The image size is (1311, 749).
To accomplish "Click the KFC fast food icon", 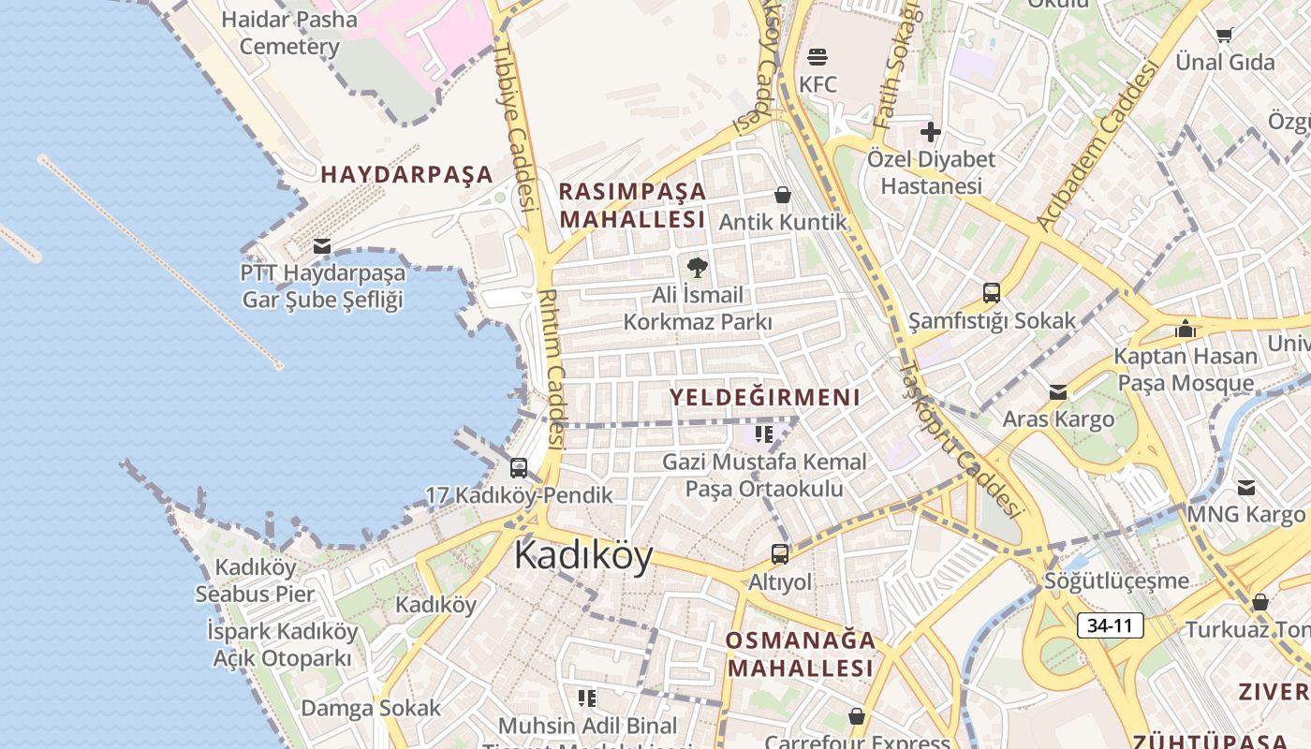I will pyautogui.click(x=817, y=56).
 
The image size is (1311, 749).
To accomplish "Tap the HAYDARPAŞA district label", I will pyautogui.click(x=406, y=174).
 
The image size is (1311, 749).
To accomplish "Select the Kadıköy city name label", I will pyautogui.click(x=583, y=555).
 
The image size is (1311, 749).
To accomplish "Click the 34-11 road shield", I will pyautogui.click(x=1110, y=625).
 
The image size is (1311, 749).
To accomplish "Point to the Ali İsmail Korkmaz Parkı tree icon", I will pyautogui.click(x=697, y=269).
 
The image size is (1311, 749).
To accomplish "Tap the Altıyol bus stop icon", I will pyautogui.click(x=780, y=553).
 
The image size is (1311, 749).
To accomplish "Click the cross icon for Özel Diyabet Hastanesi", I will pyautogui.click(x=930, y=132).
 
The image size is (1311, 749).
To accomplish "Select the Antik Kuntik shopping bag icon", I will pyautogui.click(x=783, y=195).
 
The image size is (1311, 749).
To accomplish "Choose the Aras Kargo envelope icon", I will pyautogui.click(x=1058, y=391).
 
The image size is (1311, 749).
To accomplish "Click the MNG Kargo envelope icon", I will pyautogui.click(x=1246, y=488).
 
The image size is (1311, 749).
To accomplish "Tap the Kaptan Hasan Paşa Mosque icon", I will pyautogui.click(x=1186, y=329).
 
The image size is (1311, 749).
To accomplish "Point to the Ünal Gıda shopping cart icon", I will pyautogui.click(x=1224, y=36).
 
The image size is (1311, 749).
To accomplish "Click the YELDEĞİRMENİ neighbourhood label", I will pyautogui.click(x=764, y=397).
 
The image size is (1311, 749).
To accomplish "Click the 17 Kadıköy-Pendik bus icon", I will pyautogui.click(x=518, y=468).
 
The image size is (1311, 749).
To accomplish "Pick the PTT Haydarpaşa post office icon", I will pyautogui.click(x=322, y=246).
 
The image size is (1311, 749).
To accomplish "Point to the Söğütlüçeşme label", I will pyautogui.click(x=1117, y=580).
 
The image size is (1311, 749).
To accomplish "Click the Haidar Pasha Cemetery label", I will pyautogui.click(x=289, y=33).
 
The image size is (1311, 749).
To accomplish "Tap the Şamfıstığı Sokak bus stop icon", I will pyautogui.click(x=992, y=293).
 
